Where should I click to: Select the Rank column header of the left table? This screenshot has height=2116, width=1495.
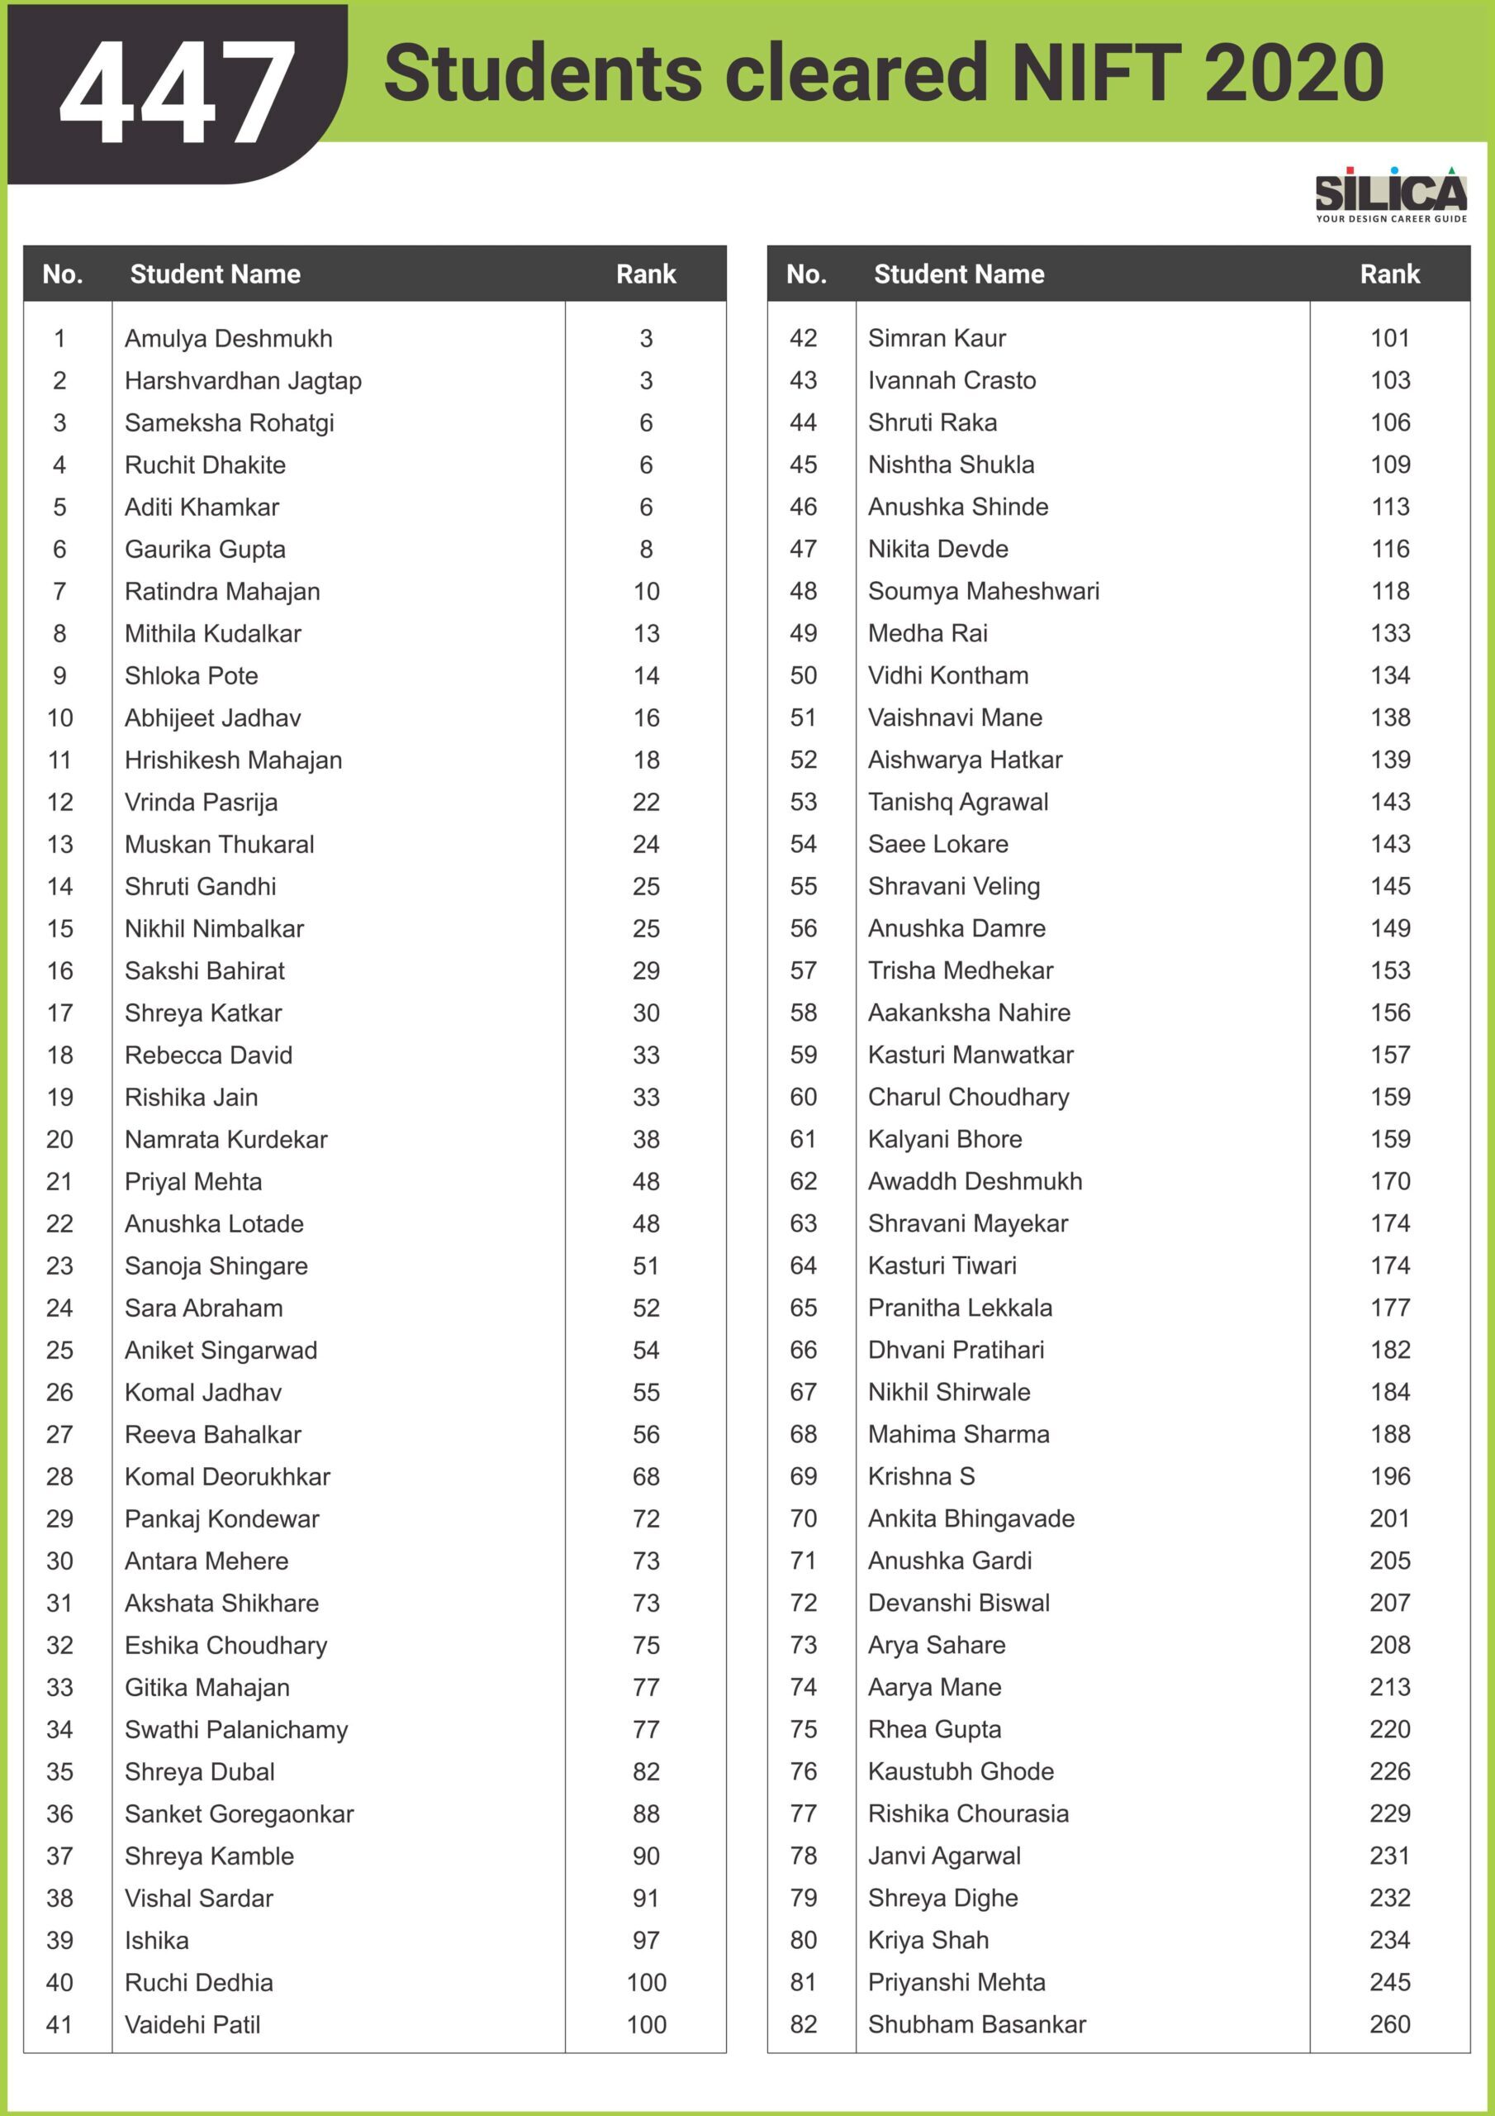(646, 274)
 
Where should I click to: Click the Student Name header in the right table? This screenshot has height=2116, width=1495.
(958, 274)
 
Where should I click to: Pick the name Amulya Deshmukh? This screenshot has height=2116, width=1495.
(229, 338)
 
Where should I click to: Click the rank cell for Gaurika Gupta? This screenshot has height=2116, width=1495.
(646, 550)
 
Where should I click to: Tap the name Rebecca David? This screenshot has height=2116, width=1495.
(208, 1056)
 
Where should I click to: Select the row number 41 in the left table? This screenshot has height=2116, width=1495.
(59, 2025)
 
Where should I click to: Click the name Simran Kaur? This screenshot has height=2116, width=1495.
(936, 338)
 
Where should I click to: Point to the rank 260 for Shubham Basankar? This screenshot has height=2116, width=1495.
(1389, 2024)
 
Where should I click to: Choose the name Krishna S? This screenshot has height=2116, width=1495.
(920, 1476)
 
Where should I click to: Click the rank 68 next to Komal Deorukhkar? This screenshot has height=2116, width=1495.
(646, 1476)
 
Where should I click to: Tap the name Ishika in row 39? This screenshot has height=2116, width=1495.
(157, 1940)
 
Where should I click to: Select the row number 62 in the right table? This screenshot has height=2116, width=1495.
(803, 1181)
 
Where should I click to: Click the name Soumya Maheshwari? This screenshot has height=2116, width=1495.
(983, 591)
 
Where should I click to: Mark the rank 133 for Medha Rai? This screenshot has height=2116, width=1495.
(1389, 633)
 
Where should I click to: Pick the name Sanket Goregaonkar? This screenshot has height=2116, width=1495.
(239, 1813)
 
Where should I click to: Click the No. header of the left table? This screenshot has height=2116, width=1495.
(63, 274)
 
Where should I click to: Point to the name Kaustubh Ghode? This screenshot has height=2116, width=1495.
(960, 1771)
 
